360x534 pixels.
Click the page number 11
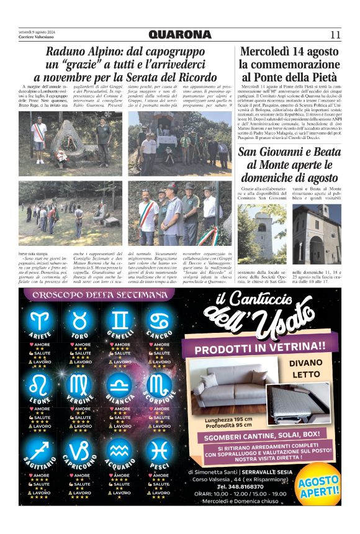coord(335,34)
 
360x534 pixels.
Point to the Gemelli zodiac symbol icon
coord(122,321)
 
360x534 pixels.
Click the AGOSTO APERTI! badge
coord(318,487)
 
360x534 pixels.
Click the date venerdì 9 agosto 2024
coord(37,31)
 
